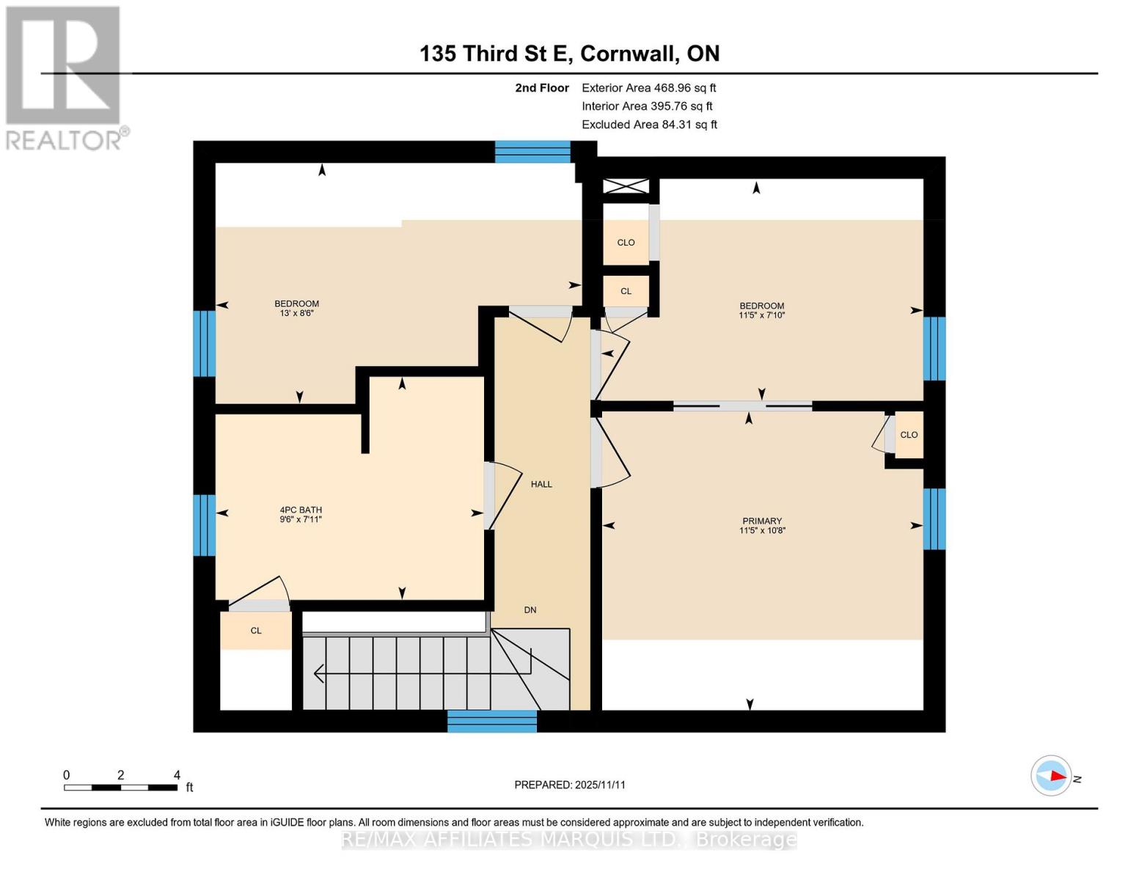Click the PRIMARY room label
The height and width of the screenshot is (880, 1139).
click(761, 521)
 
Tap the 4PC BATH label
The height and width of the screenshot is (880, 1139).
click(301, 510)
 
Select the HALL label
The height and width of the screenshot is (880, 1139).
click(541, 484)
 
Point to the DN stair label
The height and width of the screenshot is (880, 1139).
click(530, 609)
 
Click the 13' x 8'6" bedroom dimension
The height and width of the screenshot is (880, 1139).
click(297, 313)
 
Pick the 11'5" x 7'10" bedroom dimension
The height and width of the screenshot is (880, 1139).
click(761, 315)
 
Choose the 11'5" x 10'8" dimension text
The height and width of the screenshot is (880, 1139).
click(762, 530)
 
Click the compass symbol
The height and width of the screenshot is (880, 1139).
click(1051, 775)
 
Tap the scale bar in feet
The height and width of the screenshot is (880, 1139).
click(121, 788)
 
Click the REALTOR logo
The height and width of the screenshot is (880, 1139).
click(64, 77)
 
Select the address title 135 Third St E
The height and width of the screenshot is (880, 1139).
click(569, 54)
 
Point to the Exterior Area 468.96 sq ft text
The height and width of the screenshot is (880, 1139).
click(648, 88)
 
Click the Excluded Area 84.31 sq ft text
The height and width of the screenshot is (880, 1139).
click(649, 125)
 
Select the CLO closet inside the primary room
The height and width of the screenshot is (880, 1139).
click(909, 435)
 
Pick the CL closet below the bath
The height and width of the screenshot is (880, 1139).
click(256, 631)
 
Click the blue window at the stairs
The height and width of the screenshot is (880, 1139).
click(492, 721)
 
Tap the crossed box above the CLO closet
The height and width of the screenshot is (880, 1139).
click(626, 186)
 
